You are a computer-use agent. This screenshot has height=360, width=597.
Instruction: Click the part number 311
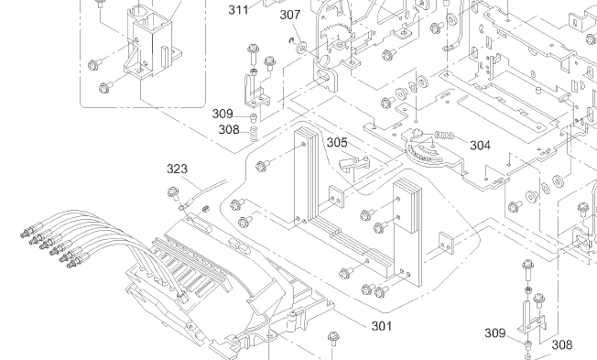(x=238, y=9)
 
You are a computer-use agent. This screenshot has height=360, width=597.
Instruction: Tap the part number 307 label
(x=290, y=15)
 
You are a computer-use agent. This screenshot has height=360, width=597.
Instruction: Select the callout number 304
(x=480, y=145)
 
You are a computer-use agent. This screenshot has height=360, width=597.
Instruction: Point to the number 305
(x=337, y=143)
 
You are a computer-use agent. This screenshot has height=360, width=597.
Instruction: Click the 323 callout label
(x=177, y=169)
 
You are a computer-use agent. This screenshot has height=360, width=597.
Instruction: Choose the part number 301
(x=382, y=326)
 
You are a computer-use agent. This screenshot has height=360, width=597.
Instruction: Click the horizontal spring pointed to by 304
(x=445, y=136)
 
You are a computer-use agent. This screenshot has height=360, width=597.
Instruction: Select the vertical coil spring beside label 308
(x=254, y=134)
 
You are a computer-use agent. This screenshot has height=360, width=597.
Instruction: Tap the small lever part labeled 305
(x=353, y=163)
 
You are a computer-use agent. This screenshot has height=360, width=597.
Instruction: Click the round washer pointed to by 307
(x=301, y=49)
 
